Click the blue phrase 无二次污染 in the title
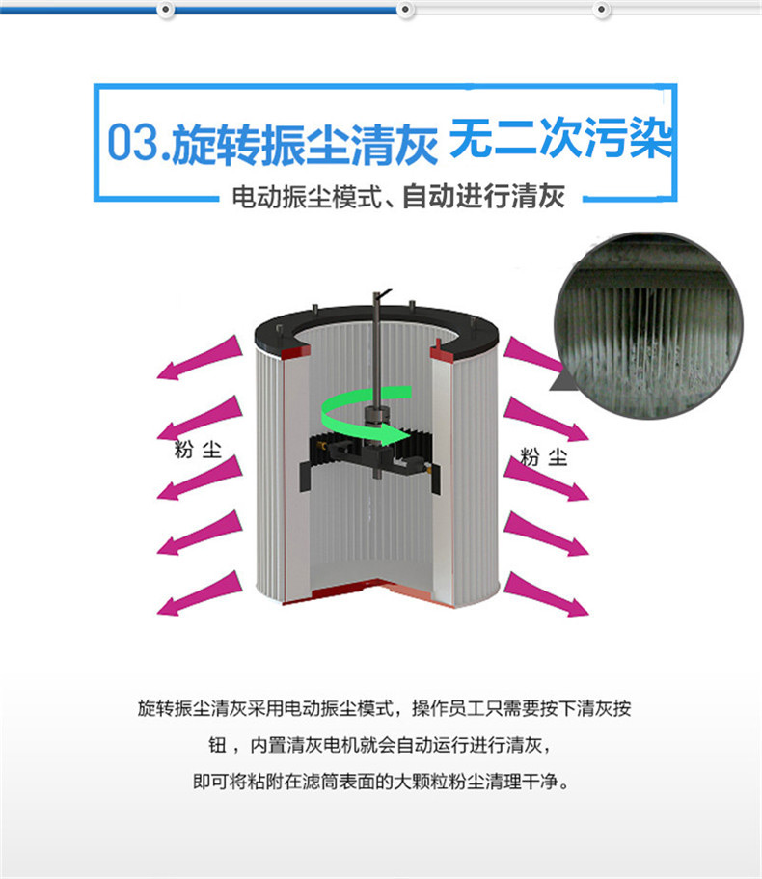click(x=560, y=138)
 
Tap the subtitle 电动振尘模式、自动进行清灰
click(x=398, y=197)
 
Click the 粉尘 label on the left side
click(x=198, y=450)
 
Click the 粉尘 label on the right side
click(x=544, y=457)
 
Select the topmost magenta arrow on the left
click(x=200, y=358)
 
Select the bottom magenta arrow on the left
click(x=200, y=593)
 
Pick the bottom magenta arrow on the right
click(x=546, y=594)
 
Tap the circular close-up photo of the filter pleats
click(x=649, y=326)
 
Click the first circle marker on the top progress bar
click(x=165, y=9)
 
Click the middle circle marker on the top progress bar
click(x=405, y=9)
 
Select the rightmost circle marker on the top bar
click(x=601, y=9)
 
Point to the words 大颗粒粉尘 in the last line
click(x=439, y=781)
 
